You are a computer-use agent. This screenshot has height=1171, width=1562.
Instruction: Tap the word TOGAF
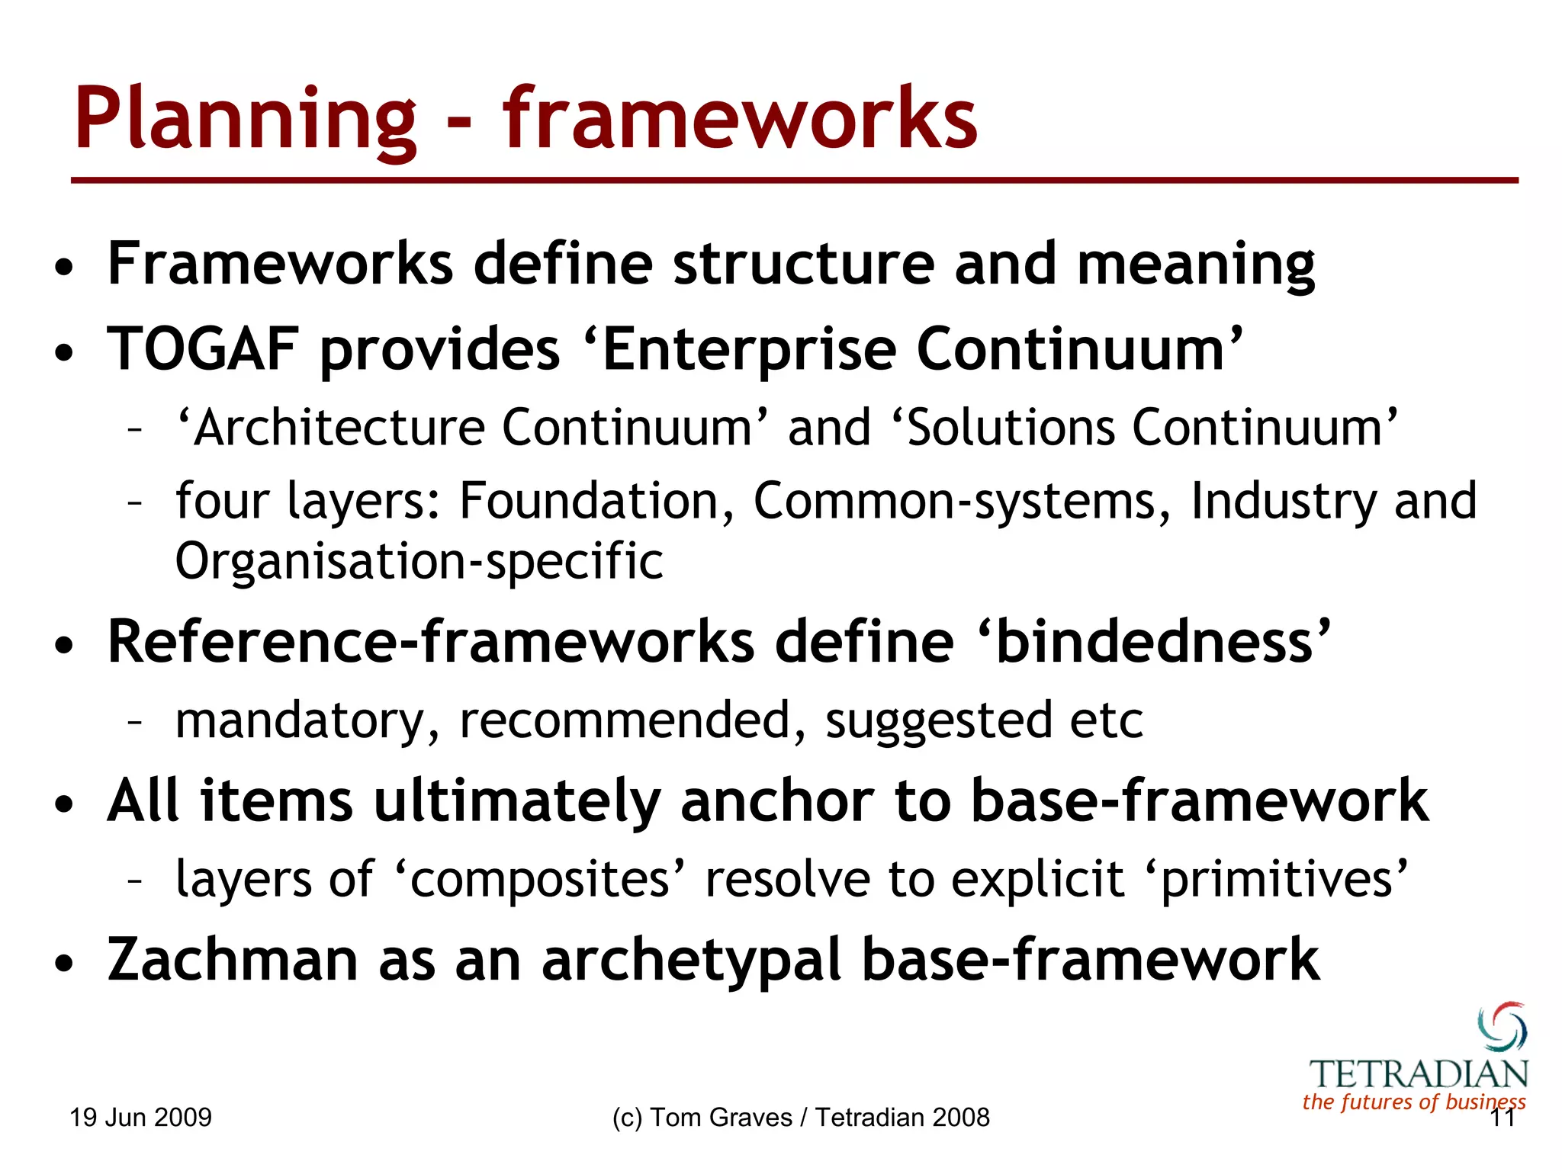pyautogui.click(x=202, y=349)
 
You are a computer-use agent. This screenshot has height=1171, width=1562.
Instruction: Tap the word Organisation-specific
pyautogui.click(x=419, y=562)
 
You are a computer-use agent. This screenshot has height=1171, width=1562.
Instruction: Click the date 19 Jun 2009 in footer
pyautogui.click(x=140, y=1118)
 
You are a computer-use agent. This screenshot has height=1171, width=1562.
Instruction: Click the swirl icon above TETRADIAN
pyautogui.click(x=1502, y=1026)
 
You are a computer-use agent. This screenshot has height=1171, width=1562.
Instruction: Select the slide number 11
pyautogui.click(x=1502, y=1118)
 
